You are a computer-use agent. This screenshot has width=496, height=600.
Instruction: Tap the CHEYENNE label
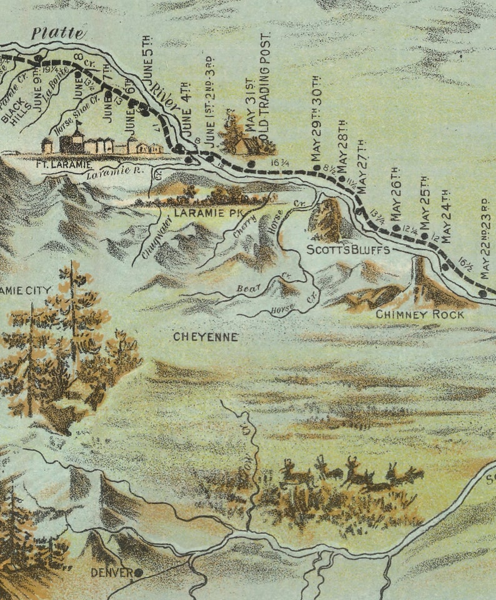tap(206, 337)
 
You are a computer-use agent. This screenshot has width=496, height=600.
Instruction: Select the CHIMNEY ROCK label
tap(420, 314)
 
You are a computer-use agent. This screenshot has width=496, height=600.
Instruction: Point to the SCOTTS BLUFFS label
tap(348, 250)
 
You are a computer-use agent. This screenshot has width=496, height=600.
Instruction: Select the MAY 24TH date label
tap(446, 216)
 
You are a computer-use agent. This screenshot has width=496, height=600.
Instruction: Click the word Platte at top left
tap(57, 34)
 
